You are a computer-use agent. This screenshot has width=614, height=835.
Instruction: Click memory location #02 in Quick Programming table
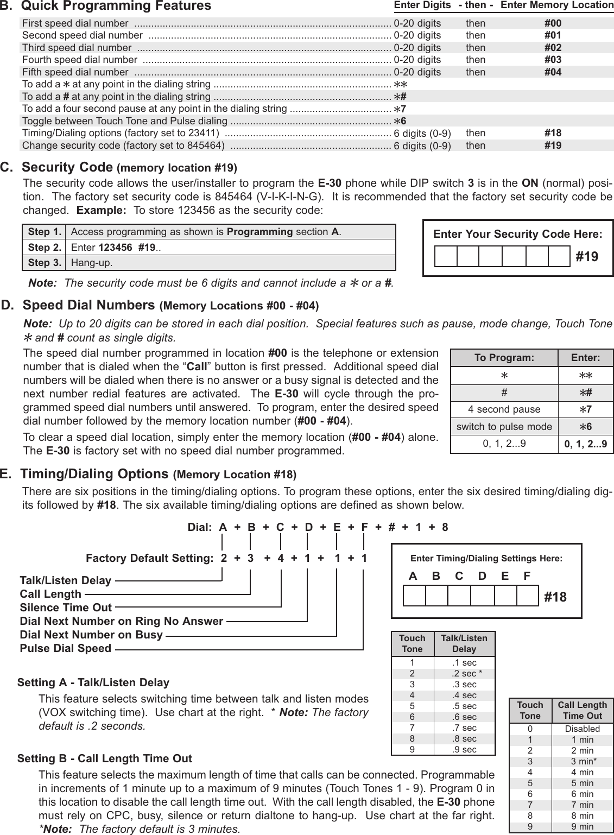pyautogui.click(x=553, y=48)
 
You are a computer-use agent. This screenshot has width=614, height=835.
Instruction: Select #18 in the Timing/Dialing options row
pyautogui.click(x=553, y=133)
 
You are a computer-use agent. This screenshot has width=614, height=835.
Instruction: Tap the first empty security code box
pyautogui.click(x=446, y=256)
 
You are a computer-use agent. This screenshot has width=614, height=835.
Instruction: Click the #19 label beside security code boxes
pyautogui.click(x=587, y=256)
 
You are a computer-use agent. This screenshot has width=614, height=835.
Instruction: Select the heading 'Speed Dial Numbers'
pyautogui.click(x=88, y=305)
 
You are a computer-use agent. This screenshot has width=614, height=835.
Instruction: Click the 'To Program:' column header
pyautogui.click(x=504, y=358)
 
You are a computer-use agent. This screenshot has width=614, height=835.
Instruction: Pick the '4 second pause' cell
pyautogui.click(x=504, y=409)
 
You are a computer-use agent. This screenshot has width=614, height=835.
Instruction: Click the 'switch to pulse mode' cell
pyautogui.click(x=504, y=427)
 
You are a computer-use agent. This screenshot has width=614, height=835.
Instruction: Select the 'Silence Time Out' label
pyautogui.click(x=66, y=608)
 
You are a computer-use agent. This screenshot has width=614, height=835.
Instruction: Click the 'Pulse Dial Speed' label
pyautogui.click(x=66, y=648)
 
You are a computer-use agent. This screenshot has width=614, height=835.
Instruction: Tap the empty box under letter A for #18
pyautogui.click(x=414, y=596)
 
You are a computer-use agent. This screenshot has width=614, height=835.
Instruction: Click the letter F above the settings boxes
pyautogui.click(x=527, y=576)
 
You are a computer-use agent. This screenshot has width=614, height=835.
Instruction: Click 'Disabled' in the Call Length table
pyautogui.click(x=582, y=729)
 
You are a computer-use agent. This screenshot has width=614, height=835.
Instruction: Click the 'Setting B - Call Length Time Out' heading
pyautogui.click(x=105, y=758)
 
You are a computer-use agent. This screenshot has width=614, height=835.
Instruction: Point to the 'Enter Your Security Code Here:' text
pyautogui.click(x=517, y=235)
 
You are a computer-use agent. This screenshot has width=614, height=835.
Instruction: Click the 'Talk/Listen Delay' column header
pyautogui.click(x=464, y=643)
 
